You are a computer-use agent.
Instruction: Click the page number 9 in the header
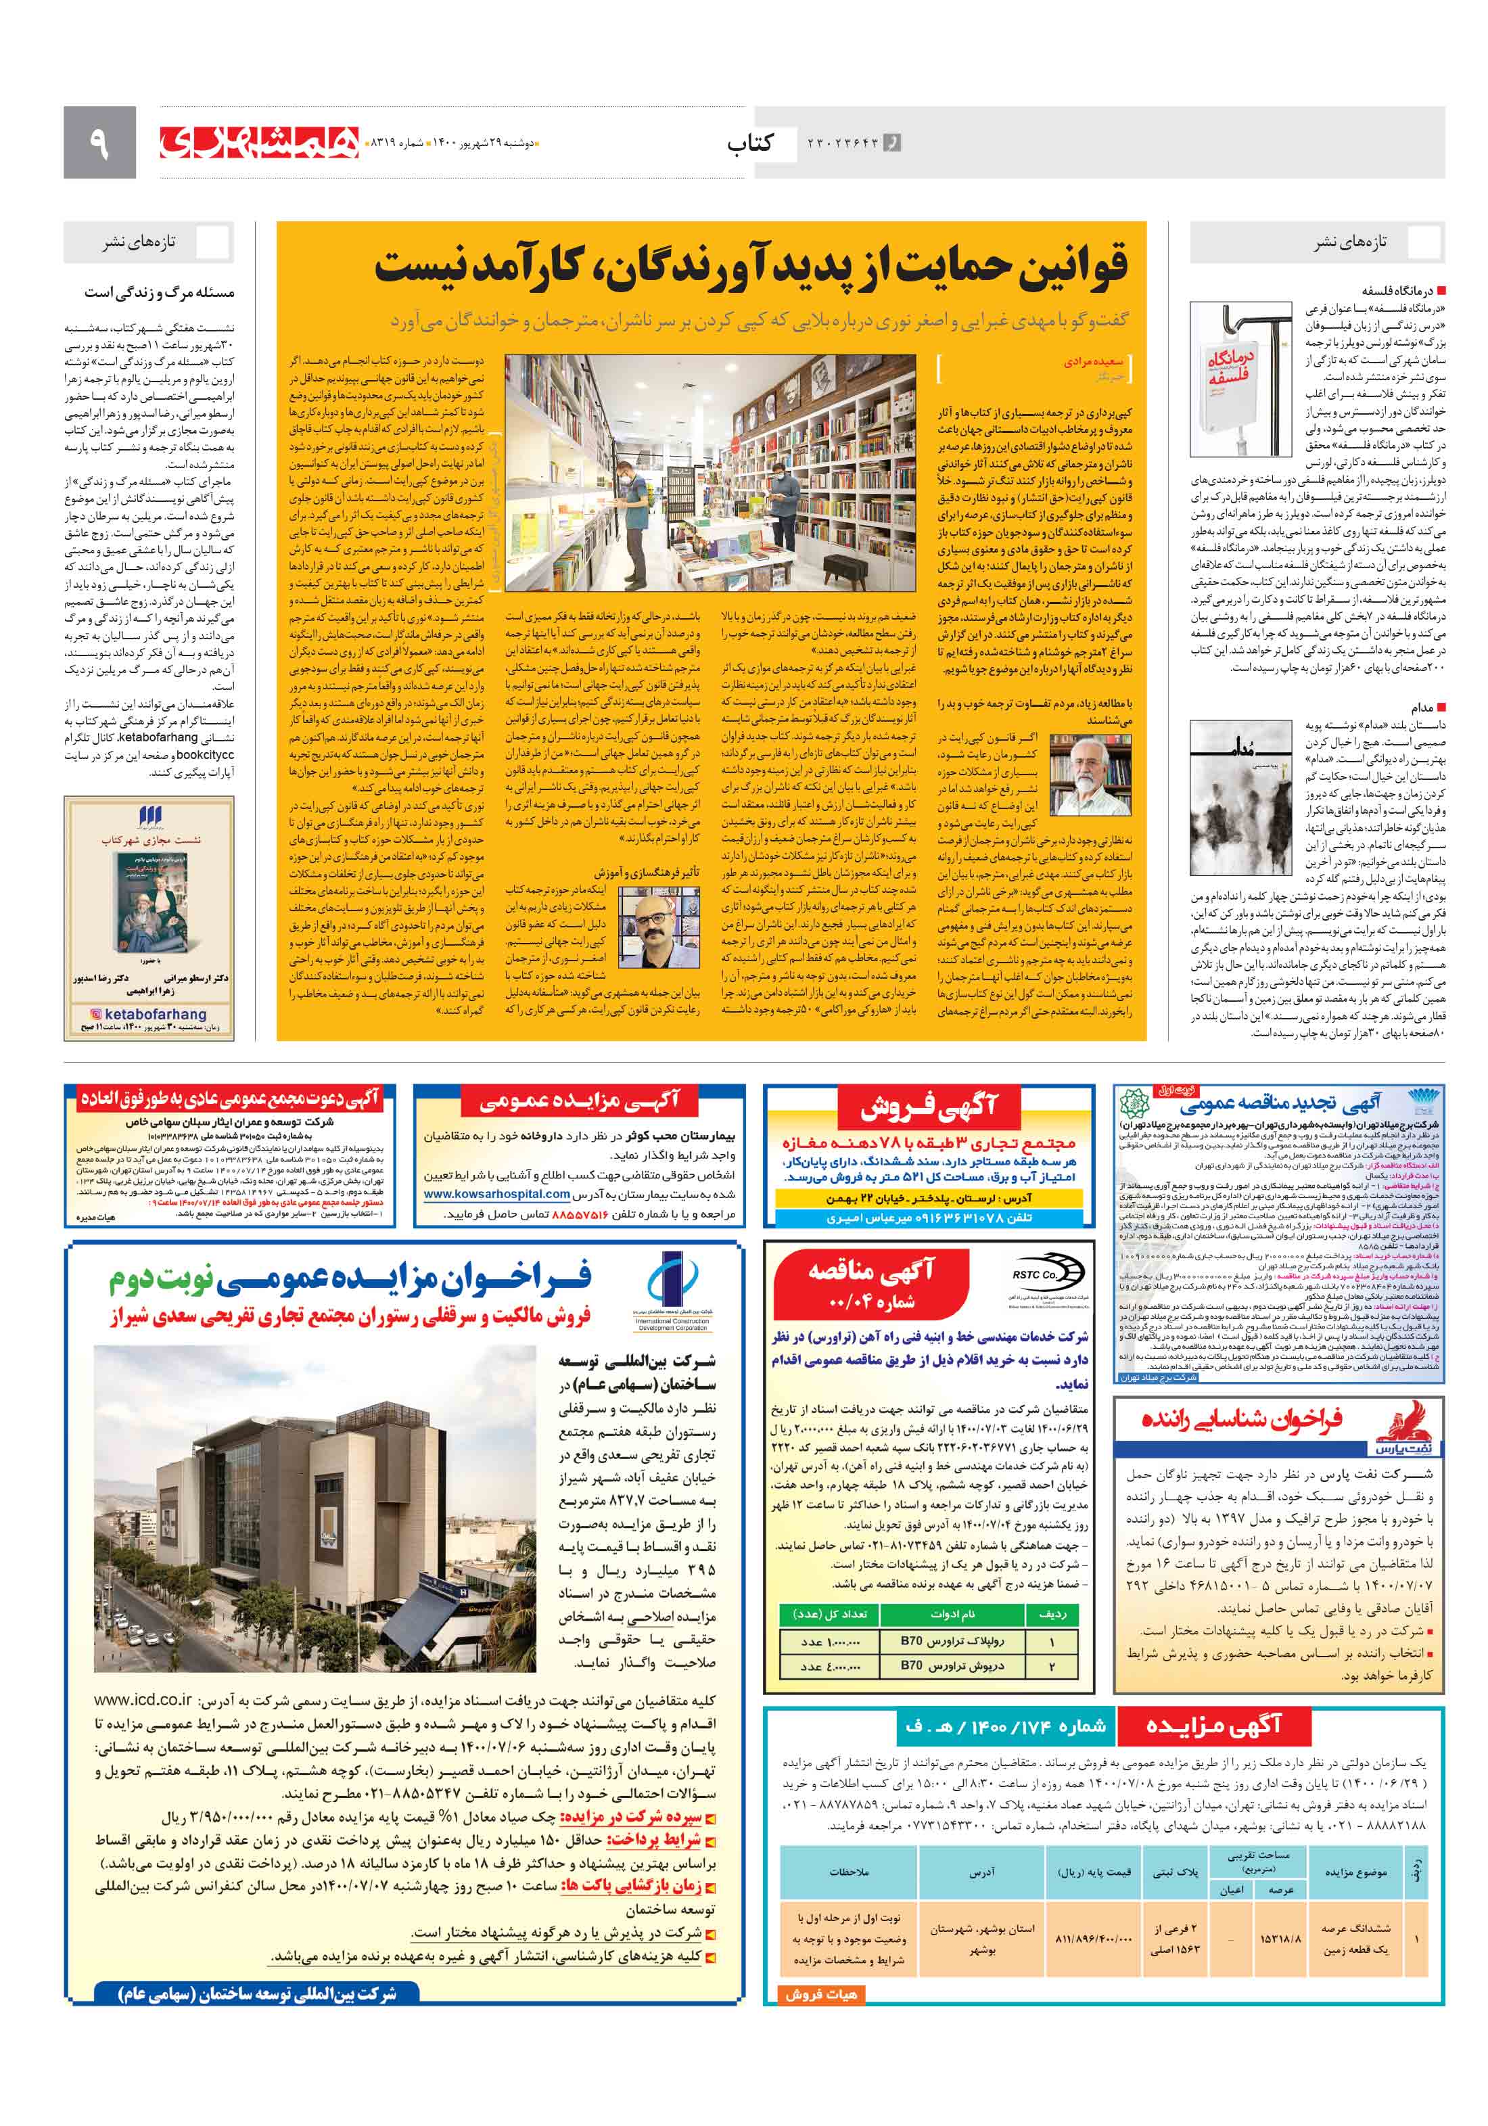(99, 143)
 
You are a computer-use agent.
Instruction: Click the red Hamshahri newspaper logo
(259, 141)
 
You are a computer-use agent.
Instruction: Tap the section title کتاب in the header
(749, 143)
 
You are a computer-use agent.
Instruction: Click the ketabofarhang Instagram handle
(148, 1014)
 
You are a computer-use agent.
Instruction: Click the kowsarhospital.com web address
(496, 1195)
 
